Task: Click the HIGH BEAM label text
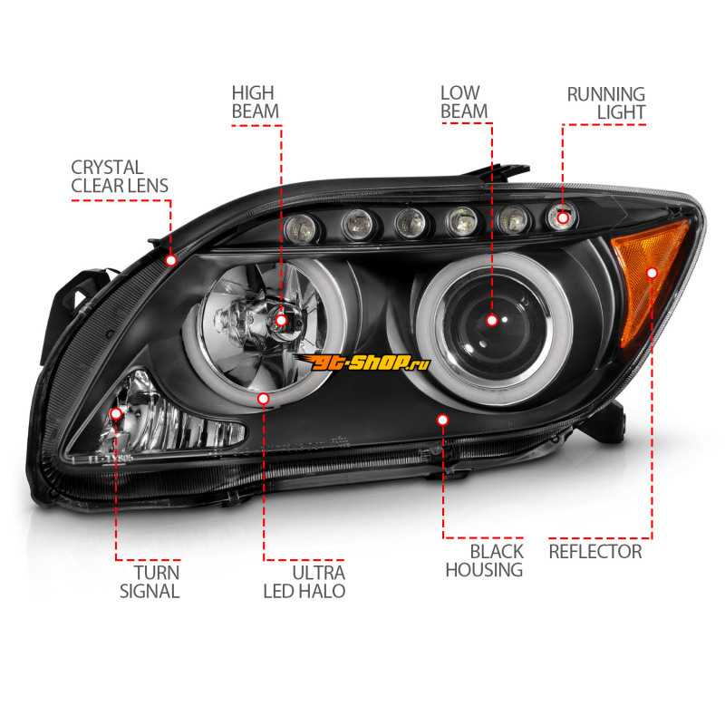(255, 101)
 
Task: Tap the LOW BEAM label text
(463, 101)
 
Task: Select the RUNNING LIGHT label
(605, 102)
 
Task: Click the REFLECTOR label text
(594, 551)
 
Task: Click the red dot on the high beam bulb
(281, 321)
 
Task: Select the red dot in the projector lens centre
(492, 320)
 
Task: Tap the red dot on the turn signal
(116, 414)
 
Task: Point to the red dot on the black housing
(443, 420)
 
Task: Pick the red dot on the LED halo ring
(264, 398)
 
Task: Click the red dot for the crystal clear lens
(171, 260)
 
